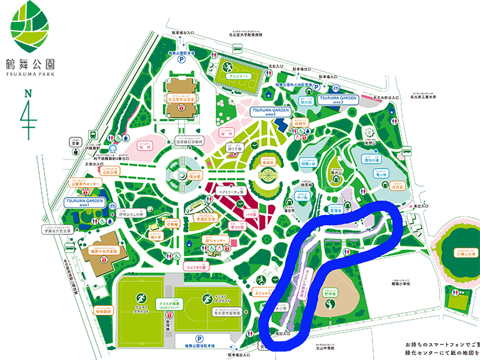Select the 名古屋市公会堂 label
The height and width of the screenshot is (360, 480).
click(x=182, y=99)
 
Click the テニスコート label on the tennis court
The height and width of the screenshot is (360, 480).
click(x=237, y=76)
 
